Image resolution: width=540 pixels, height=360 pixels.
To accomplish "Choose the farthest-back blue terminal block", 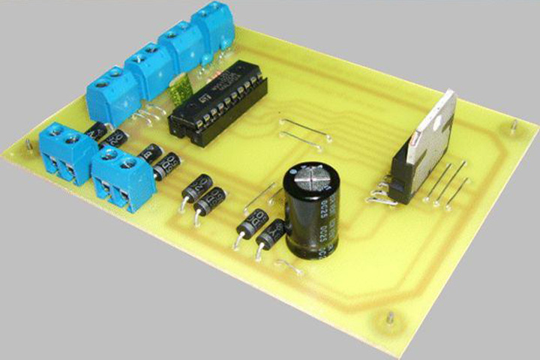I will [213, 27].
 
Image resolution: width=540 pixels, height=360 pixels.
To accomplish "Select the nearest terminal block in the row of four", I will [113, 94].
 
